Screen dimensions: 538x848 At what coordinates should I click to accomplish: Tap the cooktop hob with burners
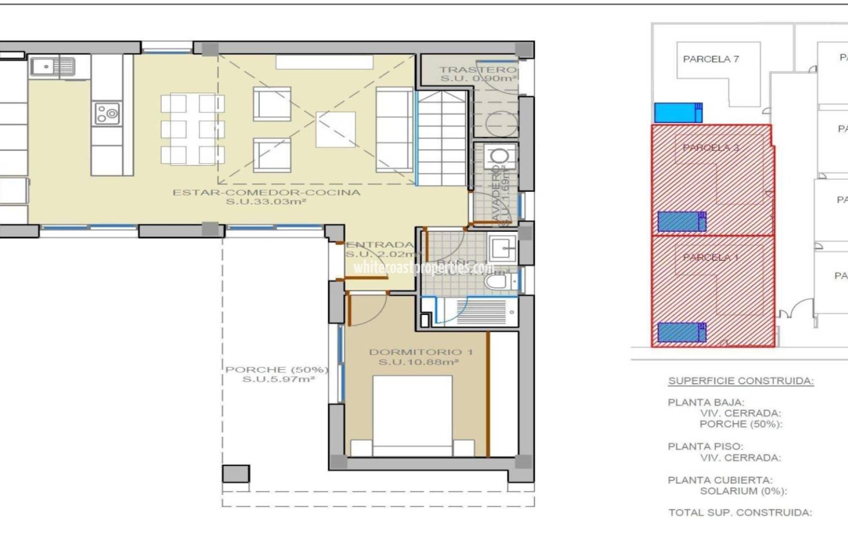coord(107,114)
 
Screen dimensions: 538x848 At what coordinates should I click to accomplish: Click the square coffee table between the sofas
coord(336,130)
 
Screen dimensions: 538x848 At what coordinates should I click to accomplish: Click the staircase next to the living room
coord(442,138)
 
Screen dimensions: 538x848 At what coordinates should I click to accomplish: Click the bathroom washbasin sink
coord(502,248)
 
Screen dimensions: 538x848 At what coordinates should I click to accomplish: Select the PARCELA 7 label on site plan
coord(710,59)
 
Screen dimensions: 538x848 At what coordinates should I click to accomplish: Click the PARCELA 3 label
coord(710,148)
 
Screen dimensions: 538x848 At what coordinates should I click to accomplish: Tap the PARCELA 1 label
coord(710,258)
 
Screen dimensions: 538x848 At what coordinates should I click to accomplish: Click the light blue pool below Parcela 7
coord(677,113)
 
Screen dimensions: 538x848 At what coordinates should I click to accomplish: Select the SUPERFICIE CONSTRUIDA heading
coord(741,381)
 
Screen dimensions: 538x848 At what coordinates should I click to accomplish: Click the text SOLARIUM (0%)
coord(743,491)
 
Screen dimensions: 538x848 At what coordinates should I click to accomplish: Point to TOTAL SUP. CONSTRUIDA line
coord(740,513)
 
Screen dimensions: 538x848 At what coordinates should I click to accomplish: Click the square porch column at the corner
coord(236,474)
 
